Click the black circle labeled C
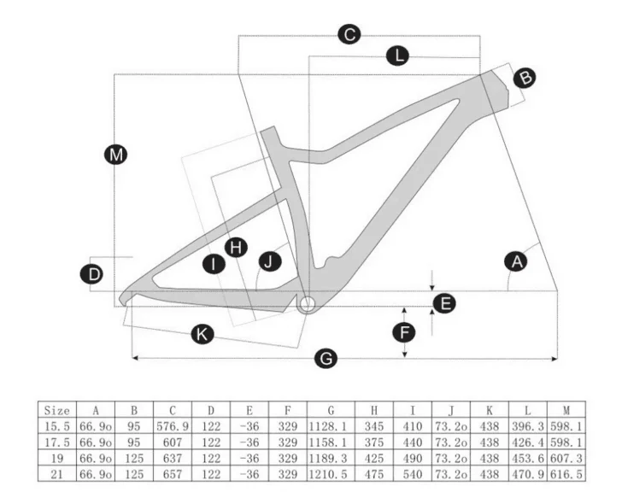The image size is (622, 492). [349, 34]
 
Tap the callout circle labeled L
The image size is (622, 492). [398, 56]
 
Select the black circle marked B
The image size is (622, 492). [525, 78]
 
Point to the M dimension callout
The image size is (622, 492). [116, 155]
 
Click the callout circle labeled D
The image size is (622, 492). [92, 274]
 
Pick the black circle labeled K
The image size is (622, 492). [202, 334]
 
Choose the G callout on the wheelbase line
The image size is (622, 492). [326, 359]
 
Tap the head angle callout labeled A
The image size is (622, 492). [516, 261]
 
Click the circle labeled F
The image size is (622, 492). [404, 332]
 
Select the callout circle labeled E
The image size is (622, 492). [444, 303]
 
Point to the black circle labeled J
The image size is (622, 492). [270, 261]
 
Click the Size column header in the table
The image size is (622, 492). [56, 410]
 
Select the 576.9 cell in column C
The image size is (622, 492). [173, 426]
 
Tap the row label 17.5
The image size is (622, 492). [56, 442]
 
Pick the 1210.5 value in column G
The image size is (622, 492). [328, 474]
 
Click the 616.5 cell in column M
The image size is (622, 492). [566, 474]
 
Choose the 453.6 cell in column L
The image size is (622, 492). [528, 459]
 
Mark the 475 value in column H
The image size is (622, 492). [374, 474]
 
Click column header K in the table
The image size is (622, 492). [490, 410]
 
